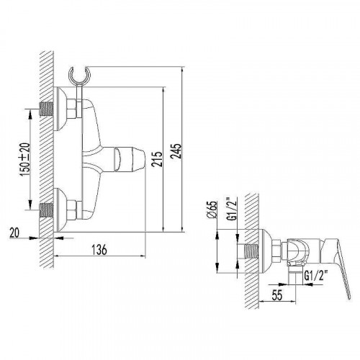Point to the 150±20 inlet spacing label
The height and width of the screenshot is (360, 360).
click(x=24, y=158)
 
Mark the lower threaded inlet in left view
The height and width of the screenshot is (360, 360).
click(x=46, y=211)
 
